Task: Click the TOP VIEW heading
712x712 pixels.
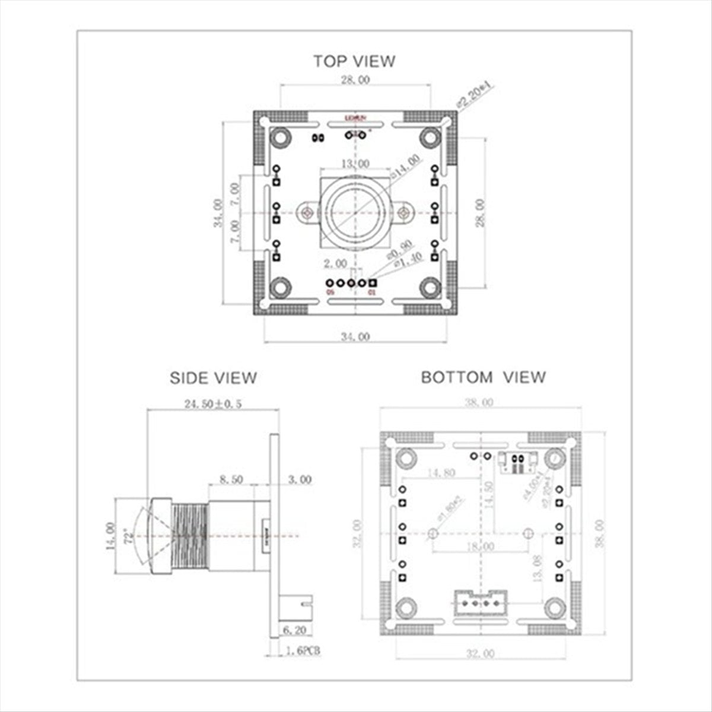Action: point(354,61)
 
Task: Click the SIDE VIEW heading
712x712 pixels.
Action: point(213,378)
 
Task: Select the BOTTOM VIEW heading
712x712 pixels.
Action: point(483,377)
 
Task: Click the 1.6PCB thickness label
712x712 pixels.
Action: point(303,651)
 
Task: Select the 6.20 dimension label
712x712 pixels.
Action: point(294,630)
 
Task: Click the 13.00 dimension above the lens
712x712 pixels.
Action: point(354,164)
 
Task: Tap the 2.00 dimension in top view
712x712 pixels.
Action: point(335,263)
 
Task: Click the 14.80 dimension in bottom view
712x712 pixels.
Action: point(440,473)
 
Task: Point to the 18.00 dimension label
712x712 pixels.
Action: point(479,546)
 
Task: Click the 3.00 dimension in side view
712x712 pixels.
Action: point(300,479)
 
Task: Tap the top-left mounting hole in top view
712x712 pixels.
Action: point(279,138)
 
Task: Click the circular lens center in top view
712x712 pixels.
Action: point(354,212)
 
